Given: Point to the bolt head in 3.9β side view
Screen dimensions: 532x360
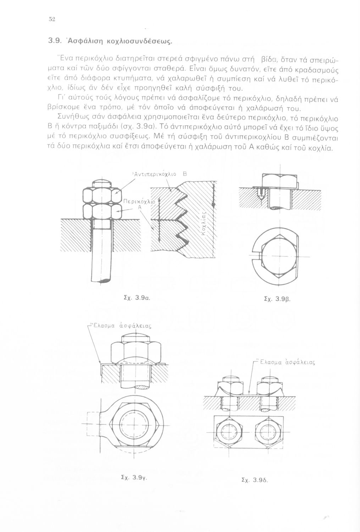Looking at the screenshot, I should (x=279, y=181).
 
